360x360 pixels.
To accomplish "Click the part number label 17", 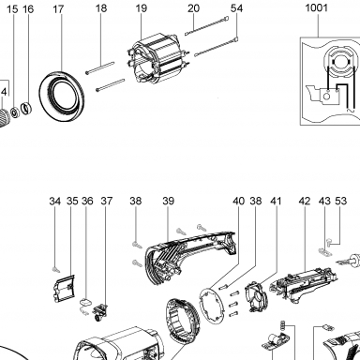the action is [x=58, y=9].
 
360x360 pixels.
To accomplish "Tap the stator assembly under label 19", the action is [x=158, y=62].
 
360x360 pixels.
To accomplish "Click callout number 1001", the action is [x=316, y=7].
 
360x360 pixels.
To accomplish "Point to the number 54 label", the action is [x=236, y=8].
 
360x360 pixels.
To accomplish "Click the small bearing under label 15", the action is [x=14, y=112].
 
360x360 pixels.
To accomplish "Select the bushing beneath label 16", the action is [x=26, y=108].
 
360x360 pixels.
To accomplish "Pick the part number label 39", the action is [x=168, y=201].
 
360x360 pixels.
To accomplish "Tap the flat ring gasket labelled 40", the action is [x=212, y=306].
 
